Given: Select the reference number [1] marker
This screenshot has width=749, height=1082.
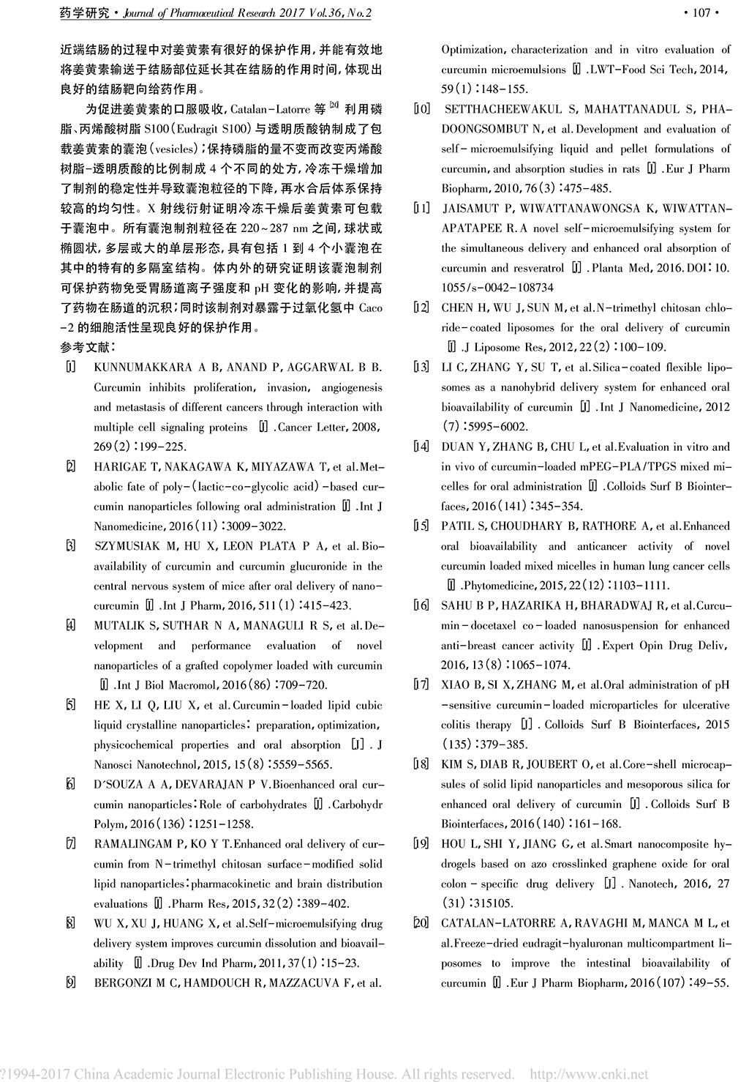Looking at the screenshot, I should pyautogui.click(x=70, y=367).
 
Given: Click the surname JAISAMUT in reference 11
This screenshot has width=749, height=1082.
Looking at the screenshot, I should pyautogui.click(x=473, y=209).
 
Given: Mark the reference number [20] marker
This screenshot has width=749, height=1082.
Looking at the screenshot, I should pyautogui.click(x=421, y=923).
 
